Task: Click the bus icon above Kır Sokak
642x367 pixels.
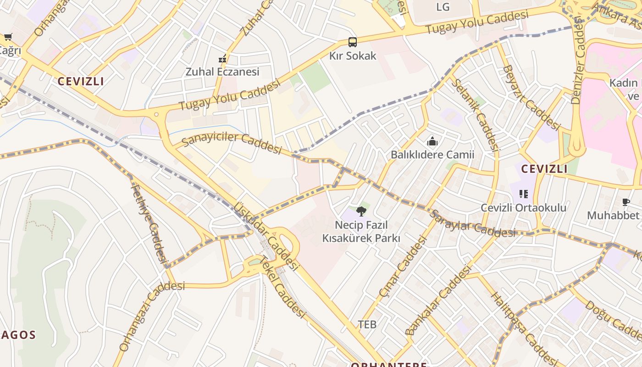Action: click(352, 42)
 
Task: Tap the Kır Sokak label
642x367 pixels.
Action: click(353, 56)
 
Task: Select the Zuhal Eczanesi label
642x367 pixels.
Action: click(222, 72)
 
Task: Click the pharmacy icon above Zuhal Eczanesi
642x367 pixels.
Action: click(222, 59)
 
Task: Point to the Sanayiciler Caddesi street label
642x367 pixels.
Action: click(232, 144)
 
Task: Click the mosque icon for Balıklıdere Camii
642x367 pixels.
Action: click(432, 142)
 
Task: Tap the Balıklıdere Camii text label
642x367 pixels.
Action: click(432, 155)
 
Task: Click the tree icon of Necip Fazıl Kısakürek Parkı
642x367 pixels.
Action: click(361, 211)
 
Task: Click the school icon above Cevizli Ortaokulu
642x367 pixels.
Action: click(523, 194)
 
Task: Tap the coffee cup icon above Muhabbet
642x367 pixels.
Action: click(625, 202)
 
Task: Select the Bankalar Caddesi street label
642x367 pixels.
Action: click(438, 300)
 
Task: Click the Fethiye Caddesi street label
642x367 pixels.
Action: click(148, 222)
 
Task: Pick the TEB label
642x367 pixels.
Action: click(367, 325)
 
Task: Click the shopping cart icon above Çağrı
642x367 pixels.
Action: click(8, 37)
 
